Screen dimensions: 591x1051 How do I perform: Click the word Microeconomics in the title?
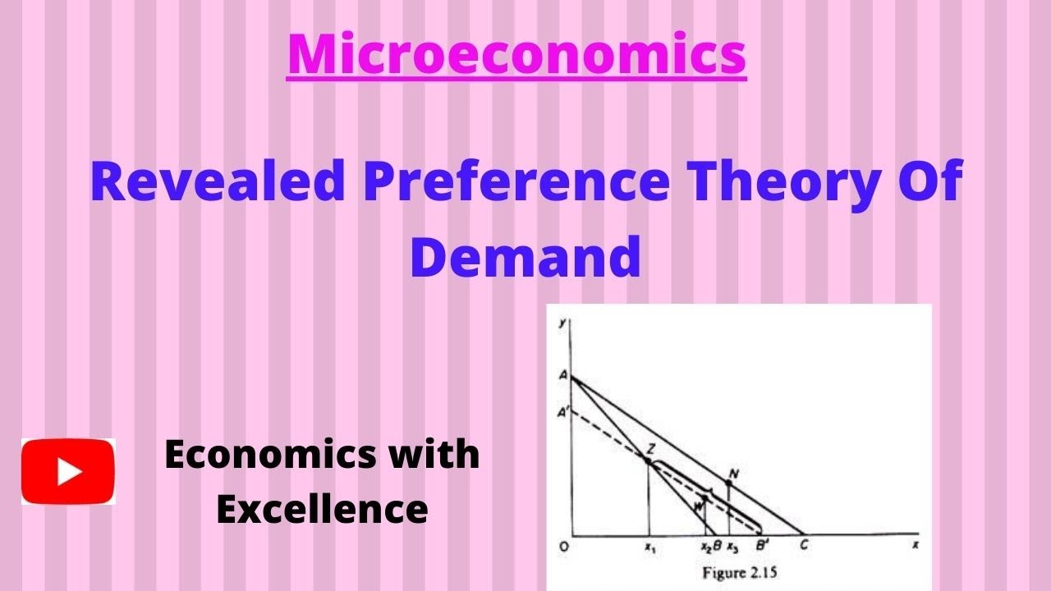(x=516, y=53)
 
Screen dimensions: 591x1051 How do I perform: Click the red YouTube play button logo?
(x=68, y=471)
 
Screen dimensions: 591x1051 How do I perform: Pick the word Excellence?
(x=322, y=509)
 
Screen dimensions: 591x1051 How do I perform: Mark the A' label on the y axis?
(x=563, y=413)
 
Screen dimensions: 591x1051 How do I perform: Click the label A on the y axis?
(x=563, y=374)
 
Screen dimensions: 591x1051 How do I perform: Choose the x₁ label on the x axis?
(x=649, y=546)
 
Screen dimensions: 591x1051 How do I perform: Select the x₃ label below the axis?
(x=731, y=546)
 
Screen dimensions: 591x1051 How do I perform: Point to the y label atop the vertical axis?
(x=562, y=321)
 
